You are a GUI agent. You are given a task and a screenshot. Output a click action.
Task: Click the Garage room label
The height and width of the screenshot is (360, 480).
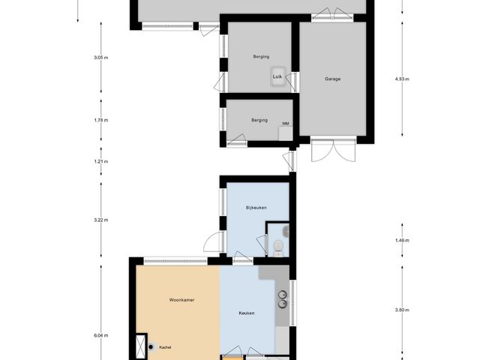point(334,79)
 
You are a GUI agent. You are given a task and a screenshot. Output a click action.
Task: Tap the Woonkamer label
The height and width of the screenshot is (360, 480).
point(182,300)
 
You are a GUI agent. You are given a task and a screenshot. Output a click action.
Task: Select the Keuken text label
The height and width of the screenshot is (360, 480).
point(247,313)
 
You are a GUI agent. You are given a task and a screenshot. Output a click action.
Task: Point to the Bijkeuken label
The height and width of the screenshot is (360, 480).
point(256,208)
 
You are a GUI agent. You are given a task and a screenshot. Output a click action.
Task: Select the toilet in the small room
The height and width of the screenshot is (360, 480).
point(277,247)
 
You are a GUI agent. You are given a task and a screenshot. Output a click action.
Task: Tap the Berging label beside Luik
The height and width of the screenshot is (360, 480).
point(261,57)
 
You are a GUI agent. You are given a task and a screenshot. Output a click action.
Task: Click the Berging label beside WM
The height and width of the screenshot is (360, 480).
point(259,120)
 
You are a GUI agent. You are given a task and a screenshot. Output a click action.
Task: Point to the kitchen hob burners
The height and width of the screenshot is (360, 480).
point(282,299)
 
